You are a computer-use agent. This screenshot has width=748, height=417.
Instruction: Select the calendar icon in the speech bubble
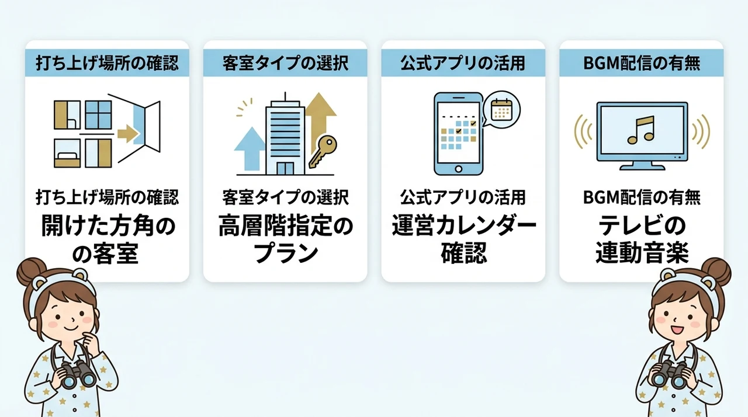coord(501,109)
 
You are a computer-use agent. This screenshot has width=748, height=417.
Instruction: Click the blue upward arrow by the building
coord(250,148)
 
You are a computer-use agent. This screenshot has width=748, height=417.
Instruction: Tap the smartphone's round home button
coord(459,169)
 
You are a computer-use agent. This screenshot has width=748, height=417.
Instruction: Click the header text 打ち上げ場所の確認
coord(107,63)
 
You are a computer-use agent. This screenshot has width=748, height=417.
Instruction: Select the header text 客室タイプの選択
coord(286,63)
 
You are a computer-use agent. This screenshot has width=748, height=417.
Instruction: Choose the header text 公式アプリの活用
coord(463,63)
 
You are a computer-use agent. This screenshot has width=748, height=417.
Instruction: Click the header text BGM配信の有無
coord(642,63)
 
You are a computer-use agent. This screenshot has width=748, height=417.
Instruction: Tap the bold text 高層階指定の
coord(286,227)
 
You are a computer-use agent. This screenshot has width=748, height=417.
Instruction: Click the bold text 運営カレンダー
coord(464,227)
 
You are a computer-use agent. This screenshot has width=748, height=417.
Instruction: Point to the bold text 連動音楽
coord(642,253)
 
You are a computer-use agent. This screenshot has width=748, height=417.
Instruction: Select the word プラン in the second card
coord(286,253)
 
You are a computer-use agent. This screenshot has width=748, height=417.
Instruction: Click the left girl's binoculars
coord(78,374)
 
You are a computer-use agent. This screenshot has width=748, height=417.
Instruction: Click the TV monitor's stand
coord(642,166)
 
